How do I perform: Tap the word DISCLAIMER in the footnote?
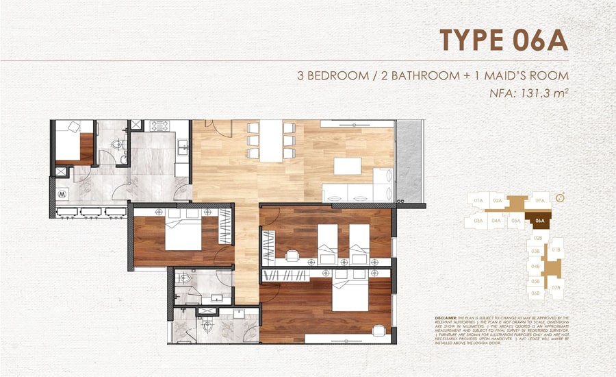tap(448, 319)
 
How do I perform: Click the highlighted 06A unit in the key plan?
tap(540, 221)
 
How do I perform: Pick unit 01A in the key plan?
tap(478, 200)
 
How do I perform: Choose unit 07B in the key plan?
tap(556, 287)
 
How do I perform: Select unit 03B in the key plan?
tap(536, 252)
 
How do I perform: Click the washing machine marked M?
tap(62, 193)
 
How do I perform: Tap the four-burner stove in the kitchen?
tap(159, 126)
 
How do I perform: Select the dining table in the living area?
tap(270, 140)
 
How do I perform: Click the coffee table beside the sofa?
tap(347, 167)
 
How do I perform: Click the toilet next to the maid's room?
tap(121, 145)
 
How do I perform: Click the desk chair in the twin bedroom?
tap(292, 255)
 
